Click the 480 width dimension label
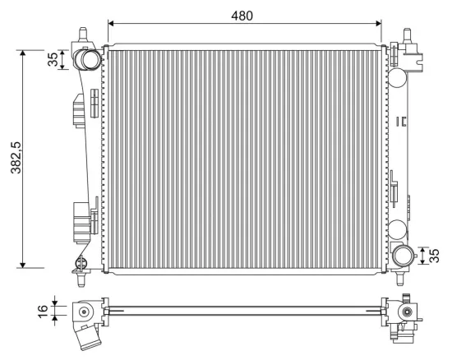click(x=242, y=16)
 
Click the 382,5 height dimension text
click(x=16, y=158)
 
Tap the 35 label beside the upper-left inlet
click(x=53, y=59)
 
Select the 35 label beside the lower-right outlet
click(x=434, y=256)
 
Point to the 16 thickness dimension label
click(x=43, y=312)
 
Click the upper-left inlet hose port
click(x=88, y=59)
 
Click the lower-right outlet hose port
click(x=403, y=256)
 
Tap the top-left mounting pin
click(x=83, y=34)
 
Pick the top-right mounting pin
click(x=407, y=35)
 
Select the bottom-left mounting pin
click(x=81, y=279)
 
